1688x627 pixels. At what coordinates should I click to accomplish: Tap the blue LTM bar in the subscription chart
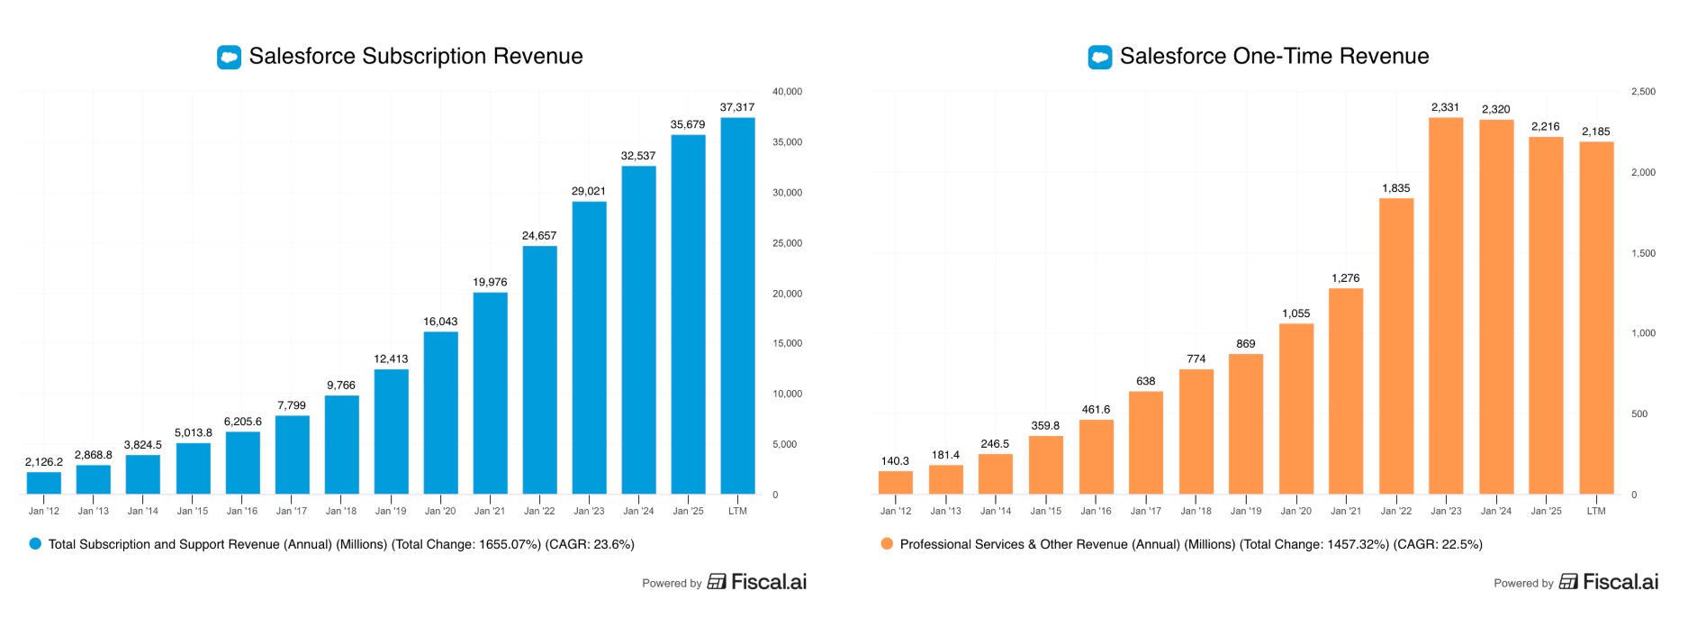click(x=737, y=305)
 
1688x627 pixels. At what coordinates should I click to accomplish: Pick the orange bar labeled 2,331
click(x=1446, y=305)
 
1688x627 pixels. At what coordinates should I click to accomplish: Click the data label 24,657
click(x=539, y=236)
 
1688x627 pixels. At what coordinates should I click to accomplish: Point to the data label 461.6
click(x=1096, y=410)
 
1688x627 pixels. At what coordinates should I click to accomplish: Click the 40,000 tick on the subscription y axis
click(x=787, y=92)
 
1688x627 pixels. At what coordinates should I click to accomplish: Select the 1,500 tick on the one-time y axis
click(x=1643, y=253)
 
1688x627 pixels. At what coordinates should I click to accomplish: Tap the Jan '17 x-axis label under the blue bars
click(x=292, y=511)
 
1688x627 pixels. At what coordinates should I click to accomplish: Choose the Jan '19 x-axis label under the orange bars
click(x=1246, y=511)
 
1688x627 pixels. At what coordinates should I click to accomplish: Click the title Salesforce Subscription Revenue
click(x=416, y=57)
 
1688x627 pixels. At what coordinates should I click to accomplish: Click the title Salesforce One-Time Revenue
click(x=1274, y=57)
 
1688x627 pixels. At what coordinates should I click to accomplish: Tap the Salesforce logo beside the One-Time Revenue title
click(x=1099, y=58)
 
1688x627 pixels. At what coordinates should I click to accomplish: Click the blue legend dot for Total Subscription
click(x=35, y=544)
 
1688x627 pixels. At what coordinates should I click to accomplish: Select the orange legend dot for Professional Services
click(x=887, y=544)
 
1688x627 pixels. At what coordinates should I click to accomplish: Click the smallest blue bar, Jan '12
click(x=43, y=483)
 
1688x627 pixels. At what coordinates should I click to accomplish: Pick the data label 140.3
click(x=895, y=461)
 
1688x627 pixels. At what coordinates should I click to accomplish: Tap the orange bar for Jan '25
click(x=1546, y=315)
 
